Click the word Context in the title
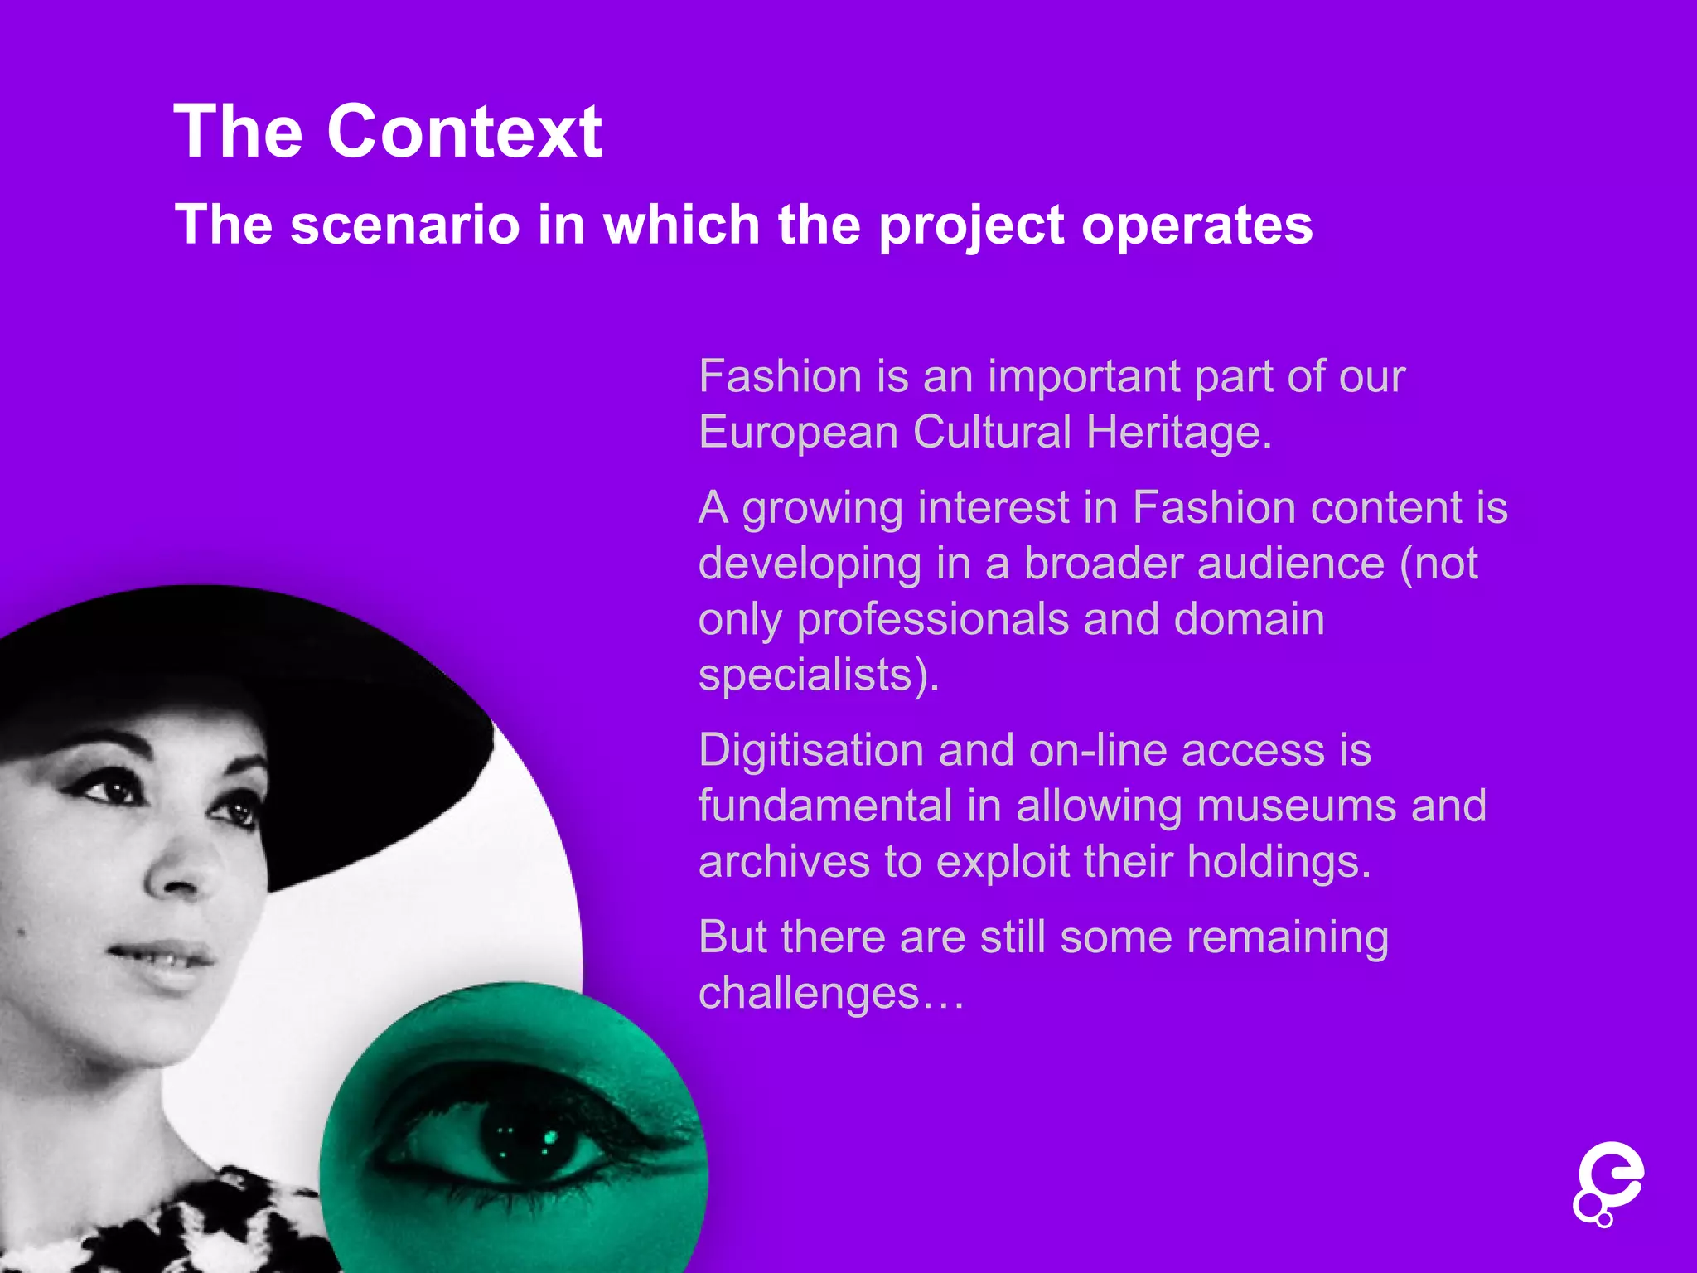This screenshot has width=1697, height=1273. [464, 133]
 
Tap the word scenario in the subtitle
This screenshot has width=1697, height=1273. [404, 225]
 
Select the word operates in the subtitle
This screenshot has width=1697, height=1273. [1197, 225]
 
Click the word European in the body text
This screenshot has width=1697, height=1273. [798, 433]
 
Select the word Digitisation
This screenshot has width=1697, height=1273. [811, 752]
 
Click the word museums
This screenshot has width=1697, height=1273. [1296, 806]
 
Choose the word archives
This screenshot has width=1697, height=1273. [784, 862]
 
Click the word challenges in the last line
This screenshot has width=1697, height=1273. [809, 994]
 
